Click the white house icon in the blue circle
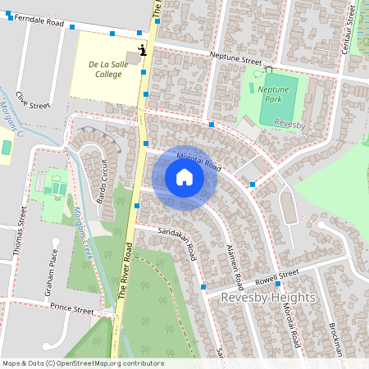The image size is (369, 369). [184, 177]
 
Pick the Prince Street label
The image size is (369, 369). [71, 309]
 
